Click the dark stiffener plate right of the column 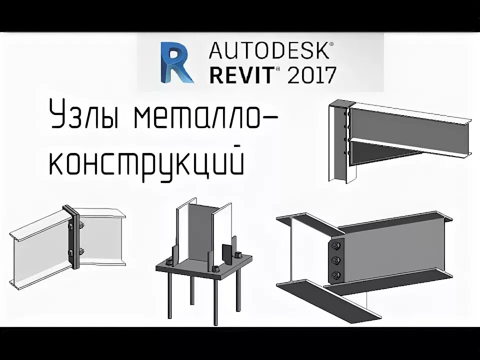click(226, 252)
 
